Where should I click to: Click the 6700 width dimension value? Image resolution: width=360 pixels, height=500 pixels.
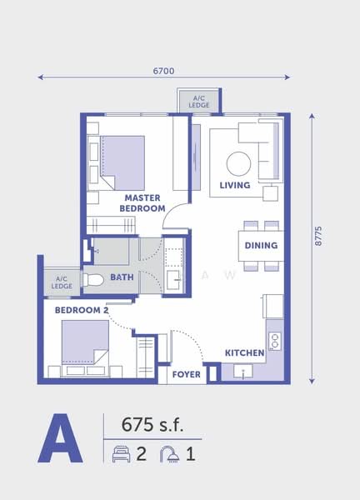pos(163,71)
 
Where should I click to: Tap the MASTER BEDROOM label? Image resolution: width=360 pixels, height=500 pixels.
pos(142,203)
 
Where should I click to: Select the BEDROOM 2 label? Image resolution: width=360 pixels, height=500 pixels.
pos(82,310)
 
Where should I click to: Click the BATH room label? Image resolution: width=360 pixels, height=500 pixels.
pos(122,277)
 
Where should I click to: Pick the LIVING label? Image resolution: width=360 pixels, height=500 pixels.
pos(235,185)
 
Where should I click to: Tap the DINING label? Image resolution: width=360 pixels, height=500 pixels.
pos(261,246)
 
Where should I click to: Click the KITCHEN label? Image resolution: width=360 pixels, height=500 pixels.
pos(244,353)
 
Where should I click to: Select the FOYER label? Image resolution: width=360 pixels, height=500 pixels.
pos(186,375)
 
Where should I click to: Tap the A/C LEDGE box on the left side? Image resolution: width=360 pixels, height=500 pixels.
pos(61,282)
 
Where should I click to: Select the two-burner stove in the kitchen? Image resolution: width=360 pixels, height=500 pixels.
pos(274,340)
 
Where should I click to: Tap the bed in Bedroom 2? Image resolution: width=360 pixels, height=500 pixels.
pos(84,343)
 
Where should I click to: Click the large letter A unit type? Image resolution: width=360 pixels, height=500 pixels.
pos(60,439)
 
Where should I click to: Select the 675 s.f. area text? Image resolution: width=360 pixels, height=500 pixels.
pos(150,424)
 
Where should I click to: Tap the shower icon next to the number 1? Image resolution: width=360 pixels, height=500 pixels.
pos(169,454)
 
